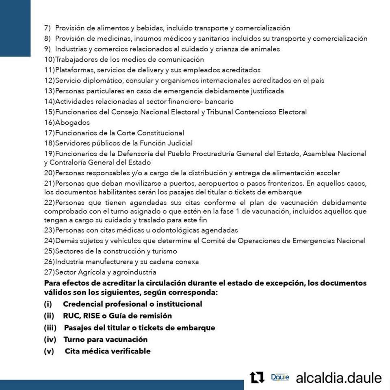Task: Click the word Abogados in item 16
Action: click(x=72, y=122)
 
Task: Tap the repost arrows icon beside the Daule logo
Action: click(x=257, y=377)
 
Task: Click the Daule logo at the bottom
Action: click(x=280, y=377)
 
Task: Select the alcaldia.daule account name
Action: click(x=339, y=378)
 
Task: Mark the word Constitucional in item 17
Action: click(x=160, y=133)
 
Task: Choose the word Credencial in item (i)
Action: click(x=84, y=304)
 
